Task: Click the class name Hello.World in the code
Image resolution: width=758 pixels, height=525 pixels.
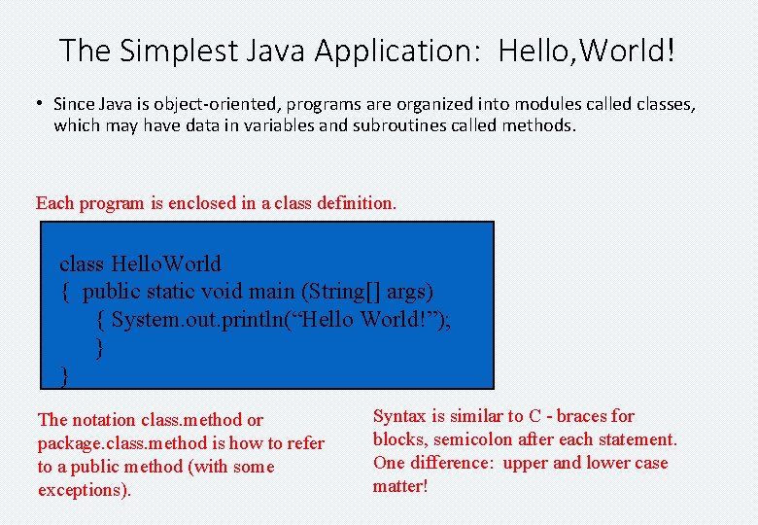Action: pyautogui.click(x=166, y=263)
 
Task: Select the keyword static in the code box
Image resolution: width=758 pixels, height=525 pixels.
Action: pyautogui.click(x=171, y=291)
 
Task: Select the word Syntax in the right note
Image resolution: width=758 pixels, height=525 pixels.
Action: pyautogui.click(x=399, y=416)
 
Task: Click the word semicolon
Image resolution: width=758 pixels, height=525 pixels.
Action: pyautogui.click(x=474, y=439)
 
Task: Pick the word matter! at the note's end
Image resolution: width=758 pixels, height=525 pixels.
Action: pyautogui.click(x=399, y=486)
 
